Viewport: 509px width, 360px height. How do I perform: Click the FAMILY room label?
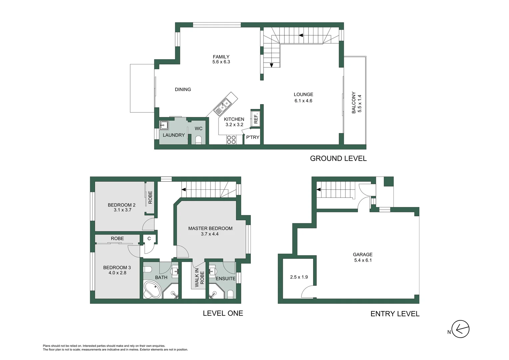(x=221, y=57)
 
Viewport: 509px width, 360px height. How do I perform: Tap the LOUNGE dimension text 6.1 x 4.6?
(x=303, y=101)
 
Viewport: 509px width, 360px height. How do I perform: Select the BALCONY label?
(x=354, y=103)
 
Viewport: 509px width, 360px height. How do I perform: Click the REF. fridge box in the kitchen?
(x=255, y=119)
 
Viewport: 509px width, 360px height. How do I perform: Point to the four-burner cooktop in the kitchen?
(x=231, y=140)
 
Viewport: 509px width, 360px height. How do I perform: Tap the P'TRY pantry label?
(x=253, y=137)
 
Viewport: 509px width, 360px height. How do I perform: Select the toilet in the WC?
(x=199, y=140)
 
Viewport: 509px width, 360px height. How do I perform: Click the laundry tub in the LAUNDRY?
(x=164, y=125)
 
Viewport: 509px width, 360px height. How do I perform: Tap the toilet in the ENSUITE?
(x=230, y=294)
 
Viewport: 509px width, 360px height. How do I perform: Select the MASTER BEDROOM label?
(x=210, y=228)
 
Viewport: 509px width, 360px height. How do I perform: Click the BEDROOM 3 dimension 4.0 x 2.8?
(x=117, y=273)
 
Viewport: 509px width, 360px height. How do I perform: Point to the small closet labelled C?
(x=149, y=238)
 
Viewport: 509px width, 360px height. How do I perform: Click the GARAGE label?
(x=362, y=254)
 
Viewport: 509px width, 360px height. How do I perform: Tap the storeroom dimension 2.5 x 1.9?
(x=299, y=277)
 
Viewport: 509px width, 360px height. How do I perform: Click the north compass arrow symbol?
(x=460, y=329)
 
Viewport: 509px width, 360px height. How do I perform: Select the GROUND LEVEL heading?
(x=338, y=159)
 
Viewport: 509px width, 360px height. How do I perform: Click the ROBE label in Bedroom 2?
(x=150, y=197)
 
